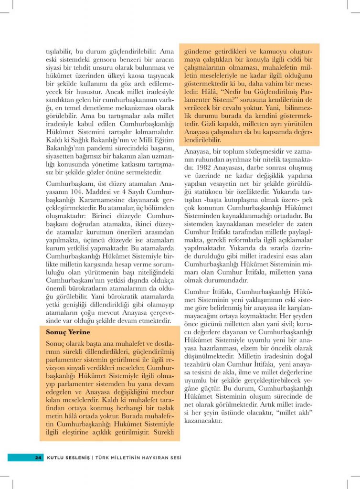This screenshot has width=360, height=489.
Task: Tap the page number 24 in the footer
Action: (39, 457)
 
